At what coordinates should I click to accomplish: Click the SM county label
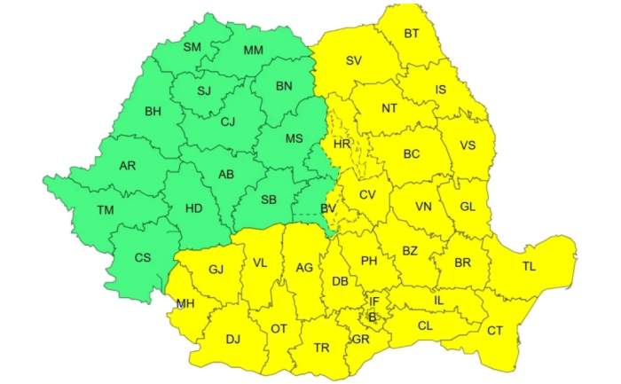pyautogui.click(x=193, y=47)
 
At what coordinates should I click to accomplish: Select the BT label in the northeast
pyautogui.click(x=412, y=34)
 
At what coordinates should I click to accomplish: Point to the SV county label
pyautogui.click(x=354, y=61)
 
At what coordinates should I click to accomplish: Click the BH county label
pyautogui.click(x=153, y=112)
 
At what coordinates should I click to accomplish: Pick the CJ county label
pyautogui.click(x=228, y=121)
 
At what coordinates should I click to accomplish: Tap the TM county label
pyautogui.click(x=106, y=210)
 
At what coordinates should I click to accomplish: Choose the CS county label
pyautogui.click(x=141, y=257)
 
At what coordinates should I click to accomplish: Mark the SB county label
pyautogui.click(x=270, y=200)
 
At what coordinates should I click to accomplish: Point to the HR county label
pyautogui.click(x=342, y=144)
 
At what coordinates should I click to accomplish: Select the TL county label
pyautogui.click(x=530, y=266)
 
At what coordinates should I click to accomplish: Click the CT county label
pyautogui.click(x=495, y=331)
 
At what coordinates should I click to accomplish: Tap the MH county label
pyautogui.click(x=185, y=303)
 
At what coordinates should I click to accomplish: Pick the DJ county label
pyautogui.click(x=233, y=338)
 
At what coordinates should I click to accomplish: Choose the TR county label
pyautogui.click(x=321, y=347)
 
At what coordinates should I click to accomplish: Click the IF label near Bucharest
pyautogui.click(x=374, y=302)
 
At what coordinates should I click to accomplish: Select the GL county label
pyautogui.click(x=468, y=207)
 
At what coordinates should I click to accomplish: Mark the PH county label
pyautogui.click(x=369, y=260)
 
